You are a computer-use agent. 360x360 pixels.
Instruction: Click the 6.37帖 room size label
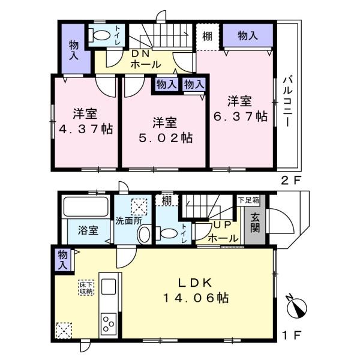tap(241, 116)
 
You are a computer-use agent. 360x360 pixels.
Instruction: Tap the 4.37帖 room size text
tap(86, 129)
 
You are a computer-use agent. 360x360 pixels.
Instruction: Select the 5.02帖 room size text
tap(166, 138)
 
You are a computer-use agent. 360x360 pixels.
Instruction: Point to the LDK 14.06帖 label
tap(196, 290)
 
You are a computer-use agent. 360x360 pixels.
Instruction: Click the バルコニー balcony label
tap(287, 102)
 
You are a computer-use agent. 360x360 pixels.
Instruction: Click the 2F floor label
tap(290, 181)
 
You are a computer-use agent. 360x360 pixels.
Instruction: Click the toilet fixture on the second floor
tap(100, 35)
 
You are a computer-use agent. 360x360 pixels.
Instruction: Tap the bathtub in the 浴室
tap(86, 206)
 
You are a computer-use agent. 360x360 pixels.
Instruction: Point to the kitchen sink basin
tap(109, 286)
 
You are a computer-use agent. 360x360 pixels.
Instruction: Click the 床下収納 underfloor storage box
tap(86, 287)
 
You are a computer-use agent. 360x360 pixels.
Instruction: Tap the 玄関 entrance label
tap(255, 223)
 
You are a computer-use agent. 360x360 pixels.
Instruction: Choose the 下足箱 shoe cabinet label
tap(248, 200)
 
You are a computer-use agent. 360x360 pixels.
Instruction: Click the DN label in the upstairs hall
tap(140, 54)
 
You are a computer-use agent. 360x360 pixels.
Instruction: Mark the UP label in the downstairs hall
tap(222, 225)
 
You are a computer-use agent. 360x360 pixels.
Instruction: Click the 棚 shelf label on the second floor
tap(208, 36)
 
